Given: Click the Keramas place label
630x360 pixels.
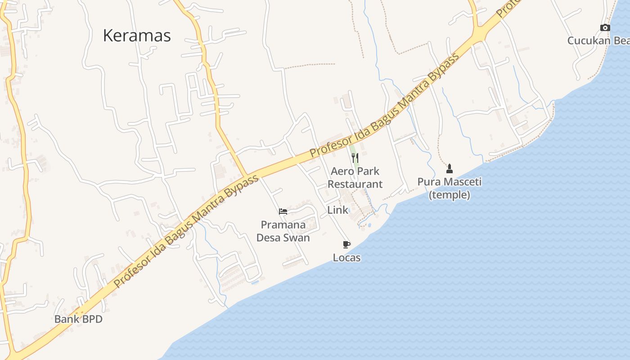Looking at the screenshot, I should click(x=137, y=35).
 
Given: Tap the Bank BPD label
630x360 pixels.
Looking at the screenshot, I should click(x=78, y=319).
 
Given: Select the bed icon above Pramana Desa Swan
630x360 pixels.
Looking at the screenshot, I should click(x=283, y=211).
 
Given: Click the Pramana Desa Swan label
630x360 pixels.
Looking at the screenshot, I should click(x=283, y=231).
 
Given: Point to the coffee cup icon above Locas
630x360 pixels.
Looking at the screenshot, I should click(x=346, y=244).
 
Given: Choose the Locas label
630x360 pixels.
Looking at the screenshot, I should click(x=346, y=257).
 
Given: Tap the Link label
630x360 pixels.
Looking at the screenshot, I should click(x=337, y=210).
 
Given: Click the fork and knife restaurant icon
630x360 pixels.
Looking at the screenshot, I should click(x=355, y=157).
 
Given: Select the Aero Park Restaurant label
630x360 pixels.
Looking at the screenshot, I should click(x=355, y=177).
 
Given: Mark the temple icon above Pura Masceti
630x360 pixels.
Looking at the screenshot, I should click(x=449, y=169).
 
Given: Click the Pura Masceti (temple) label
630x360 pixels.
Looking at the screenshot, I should click(x=449, y=188).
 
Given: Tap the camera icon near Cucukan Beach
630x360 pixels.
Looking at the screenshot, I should click(x=605, y=28).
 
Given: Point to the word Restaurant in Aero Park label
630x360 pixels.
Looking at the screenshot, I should click(x=355, y=184).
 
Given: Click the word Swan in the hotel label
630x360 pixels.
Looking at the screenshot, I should click(x=297, y=238).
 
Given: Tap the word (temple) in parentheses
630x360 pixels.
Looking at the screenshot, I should click(x=449, y=195).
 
